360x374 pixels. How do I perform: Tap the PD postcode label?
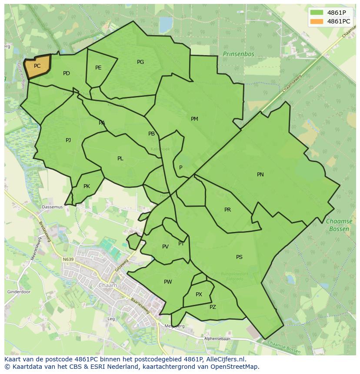pos(66,73)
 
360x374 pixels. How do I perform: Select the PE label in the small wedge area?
pos(98,68)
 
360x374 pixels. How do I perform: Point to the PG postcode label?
pos(140,62)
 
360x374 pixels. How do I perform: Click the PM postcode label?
pos(194,119)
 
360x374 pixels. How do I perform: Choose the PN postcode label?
pos(260,175)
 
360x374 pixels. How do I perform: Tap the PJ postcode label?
pos(68,140)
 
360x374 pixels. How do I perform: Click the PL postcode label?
pos(120,159)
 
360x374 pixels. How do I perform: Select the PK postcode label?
pos(87,186)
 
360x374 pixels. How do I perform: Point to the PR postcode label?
pos(227,210)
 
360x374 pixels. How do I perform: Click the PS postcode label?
pos(239,257)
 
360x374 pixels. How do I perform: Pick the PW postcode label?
pos(168,282)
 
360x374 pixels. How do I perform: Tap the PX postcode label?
pos(199,295)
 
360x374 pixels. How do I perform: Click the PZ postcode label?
pos(213,307)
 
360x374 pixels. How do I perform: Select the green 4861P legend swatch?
pos(317,12)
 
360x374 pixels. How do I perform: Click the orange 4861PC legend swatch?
pos(317,21)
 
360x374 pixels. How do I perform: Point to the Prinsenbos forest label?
pos(238,54)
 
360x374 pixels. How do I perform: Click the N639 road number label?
pos(68,259)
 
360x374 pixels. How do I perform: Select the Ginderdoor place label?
pos(18,292)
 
